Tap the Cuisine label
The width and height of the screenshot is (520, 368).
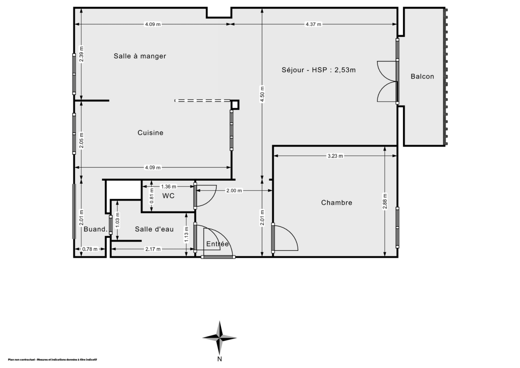pyautogui.click(x=150, y=133)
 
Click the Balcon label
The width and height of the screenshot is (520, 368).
pyautogui.click(x=422, y=76)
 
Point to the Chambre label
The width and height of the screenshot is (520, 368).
pyautogui.click(x=336, y=202)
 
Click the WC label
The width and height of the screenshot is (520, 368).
pyautogui.click(x=168, y=196)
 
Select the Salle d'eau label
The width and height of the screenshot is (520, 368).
pyautogui.click(x=154, y=229)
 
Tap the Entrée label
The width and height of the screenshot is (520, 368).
pyautogui.click(x=217, y=244)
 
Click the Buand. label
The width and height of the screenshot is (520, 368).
pyautogui.click(x=95, y=229)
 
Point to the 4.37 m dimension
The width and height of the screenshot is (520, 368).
pyautogui.click(x=313, y=24)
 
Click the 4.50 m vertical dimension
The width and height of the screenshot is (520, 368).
pyautogui.click(x=262, y=95)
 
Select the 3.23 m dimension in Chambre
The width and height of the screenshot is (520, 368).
pyautogui.click(x=335, y=156)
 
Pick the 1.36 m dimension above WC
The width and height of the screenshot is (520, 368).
pyautogui.click(x=169, y=186)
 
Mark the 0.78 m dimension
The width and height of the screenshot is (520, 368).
pyautogui.click(x=90, y=249)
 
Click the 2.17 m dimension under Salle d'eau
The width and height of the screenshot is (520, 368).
pyautogui.click(x=153, y=249)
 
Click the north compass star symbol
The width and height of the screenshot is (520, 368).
pyautogui.click(x=220, y=338)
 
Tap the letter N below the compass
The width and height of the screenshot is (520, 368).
pyautogui.click(x=220, y=359)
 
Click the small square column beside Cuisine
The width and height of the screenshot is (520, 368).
pyautogui.click(x=235, y=104)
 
